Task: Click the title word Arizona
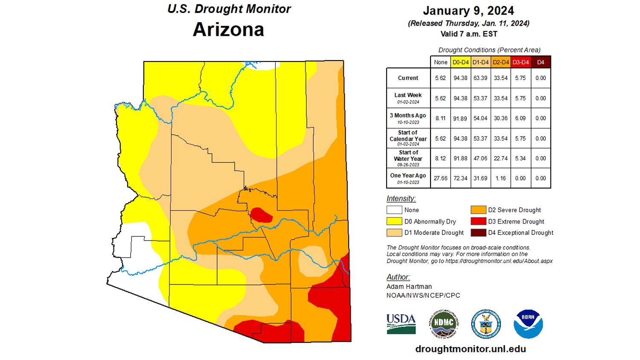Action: coord(228,29)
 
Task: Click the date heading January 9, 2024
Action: coord(468,11)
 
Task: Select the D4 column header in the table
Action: coord(541,62)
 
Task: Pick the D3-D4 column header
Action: coord(521,62)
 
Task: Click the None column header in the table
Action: coord(440,62)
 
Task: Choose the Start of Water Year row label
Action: coord(408,158)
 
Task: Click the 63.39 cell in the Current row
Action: coord(480,78)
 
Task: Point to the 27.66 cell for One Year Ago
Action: coord(440,178)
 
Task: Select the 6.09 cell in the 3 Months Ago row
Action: coord(520,118)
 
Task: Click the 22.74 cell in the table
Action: coord(500,158)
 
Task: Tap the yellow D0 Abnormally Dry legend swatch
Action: coord(394,221)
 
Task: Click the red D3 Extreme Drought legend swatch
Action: coord(478,221)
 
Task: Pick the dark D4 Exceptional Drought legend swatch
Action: coord(478,232)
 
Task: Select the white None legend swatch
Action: coord(394,210)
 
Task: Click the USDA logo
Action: coord(401,324)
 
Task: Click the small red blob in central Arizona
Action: coord(261,215)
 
